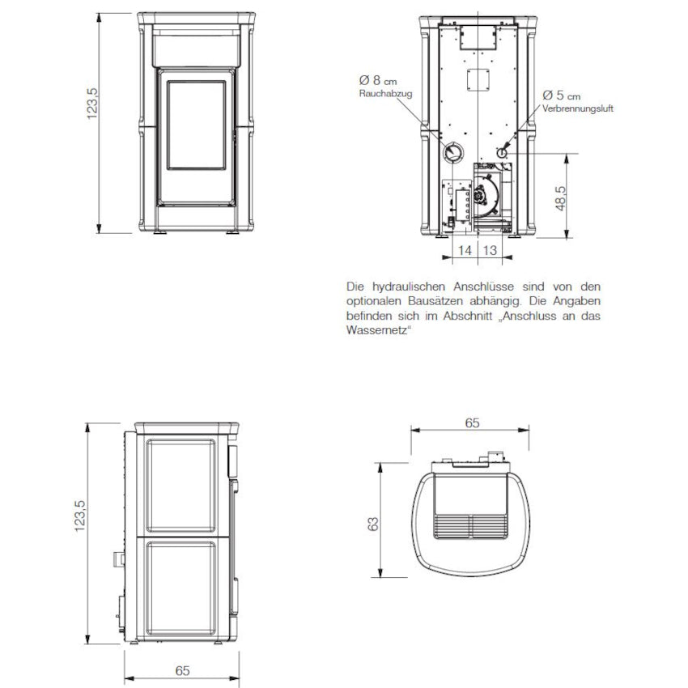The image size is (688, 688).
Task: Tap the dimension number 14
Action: [465, 251]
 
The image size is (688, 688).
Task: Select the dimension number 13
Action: [490, 251]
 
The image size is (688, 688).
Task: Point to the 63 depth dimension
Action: [373, 524]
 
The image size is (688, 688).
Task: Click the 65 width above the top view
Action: [473, 422]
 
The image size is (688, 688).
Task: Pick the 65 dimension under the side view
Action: [182, 669]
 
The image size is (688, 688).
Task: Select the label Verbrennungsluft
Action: [578, 108]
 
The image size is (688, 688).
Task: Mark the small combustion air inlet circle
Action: [502, 151]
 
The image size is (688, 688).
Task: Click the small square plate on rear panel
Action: [478, 79]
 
